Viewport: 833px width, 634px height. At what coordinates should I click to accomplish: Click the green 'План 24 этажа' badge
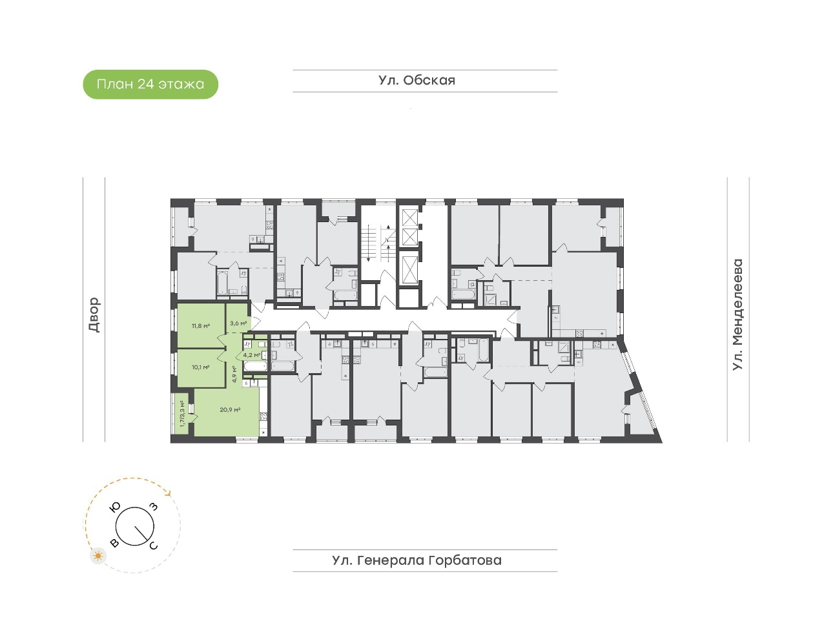tap(150, 84)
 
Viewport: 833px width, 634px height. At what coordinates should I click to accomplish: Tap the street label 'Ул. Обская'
tap(416, 81)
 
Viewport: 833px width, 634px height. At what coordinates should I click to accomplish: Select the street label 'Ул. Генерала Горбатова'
tap(416, 560)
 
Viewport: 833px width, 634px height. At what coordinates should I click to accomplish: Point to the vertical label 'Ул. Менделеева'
tap(737, 314)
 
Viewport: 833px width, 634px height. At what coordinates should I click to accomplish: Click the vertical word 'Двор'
tap(94, 314)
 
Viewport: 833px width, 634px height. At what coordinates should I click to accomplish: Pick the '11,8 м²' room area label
tap(201, 325)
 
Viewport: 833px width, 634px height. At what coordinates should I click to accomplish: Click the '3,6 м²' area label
tap(238, 323)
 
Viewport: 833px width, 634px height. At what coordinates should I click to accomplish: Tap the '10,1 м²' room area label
tap(200, 367)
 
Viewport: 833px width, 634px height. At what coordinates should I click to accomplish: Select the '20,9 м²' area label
tap(230, 409)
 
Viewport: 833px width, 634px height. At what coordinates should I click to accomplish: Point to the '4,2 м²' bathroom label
tap(252, 355)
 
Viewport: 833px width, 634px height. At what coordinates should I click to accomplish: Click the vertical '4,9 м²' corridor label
tap(234, 374)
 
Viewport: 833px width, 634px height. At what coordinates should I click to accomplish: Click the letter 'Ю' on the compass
tap(115, 507)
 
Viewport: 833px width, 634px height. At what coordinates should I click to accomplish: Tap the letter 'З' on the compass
tap(154, 507)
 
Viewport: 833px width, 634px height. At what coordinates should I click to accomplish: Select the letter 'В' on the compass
tap(114, 543)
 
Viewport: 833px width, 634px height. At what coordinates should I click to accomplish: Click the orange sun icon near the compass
tap(98, 556)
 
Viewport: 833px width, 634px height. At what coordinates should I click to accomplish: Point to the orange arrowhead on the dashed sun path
tap(168, 493)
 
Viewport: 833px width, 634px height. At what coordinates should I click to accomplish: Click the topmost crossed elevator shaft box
tap(409, 218)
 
